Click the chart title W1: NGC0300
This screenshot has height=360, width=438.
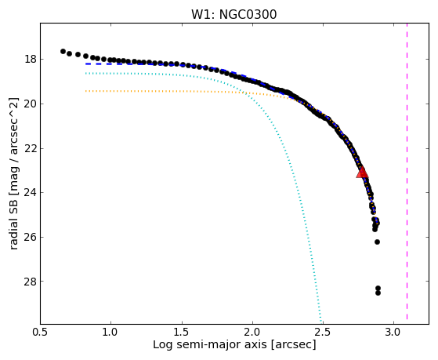point(233,15)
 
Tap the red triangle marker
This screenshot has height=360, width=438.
point(362,173)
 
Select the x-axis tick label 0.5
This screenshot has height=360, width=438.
point(40,333)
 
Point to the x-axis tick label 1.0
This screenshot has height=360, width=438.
point(111,333)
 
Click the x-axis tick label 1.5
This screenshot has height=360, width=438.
point(182,333)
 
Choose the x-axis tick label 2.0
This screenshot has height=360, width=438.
point(252,333)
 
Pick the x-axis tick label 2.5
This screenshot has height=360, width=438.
point(323,333)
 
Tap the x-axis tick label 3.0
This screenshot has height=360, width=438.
point(393,333)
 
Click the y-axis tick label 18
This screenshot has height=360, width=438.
point(31,60)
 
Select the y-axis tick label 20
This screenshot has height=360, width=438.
point(31,104)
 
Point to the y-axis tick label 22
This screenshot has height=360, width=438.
point(31,148)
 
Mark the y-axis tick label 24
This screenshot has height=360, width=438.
point(31,192)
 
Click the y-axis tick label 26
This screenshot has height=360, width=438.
point(31,237)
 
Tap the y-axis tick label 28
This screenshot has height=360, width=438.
point(31,281)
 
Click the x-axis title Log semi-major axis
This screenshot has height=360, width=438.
point(210,345)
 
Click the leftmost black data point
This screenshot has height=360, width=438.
point(63,51)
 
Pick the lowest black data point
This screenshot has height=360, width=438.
point(378,293)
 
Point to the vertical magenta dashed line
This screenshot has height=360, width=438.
point(407,171)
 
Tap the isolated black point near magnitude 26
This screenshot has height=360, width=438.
point(377,242)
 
